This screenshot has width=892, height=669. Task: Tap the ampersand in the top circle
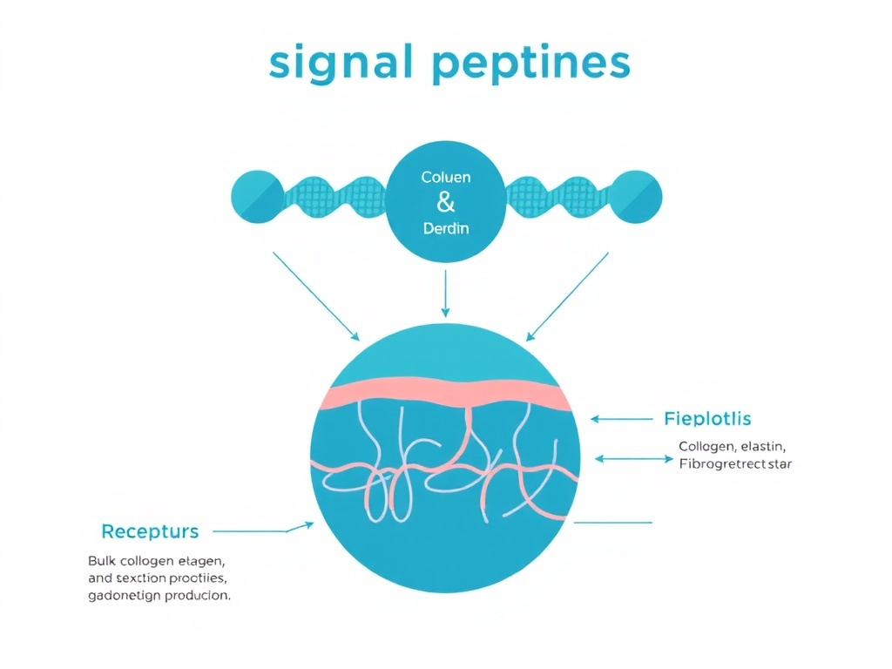click(x=445, y=203)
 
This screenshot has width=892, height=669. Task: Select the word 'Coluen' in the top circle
click(x=445, y=177)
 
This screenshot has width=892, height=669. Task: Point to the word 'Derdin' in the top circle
click(x=445, y=229)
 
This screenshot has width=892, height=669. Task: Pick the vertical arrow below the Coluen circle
click(x=445, y=293)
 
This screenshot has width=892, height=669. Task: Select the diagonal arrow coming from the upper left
click(x=315, y=296)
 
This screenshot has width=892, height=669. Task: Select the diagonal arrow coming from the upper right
click(x=567, y=296)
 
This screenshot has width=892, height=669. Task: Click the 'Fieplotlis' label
click(x=706, y=419)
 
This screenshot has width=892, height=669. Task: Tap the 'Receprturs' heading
click(x=150, y=530)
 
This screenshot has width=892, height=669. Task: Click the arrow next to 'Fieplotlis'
click(x=621, y=419)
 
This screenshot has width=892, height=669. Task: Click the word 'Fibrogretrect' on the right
click(x=722, y=464)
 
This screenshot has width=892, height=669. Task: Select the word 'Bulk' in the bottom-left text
click(x=102, y=560)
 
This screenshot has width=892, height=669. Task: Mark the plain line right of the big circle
click(x=612, y=523)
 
